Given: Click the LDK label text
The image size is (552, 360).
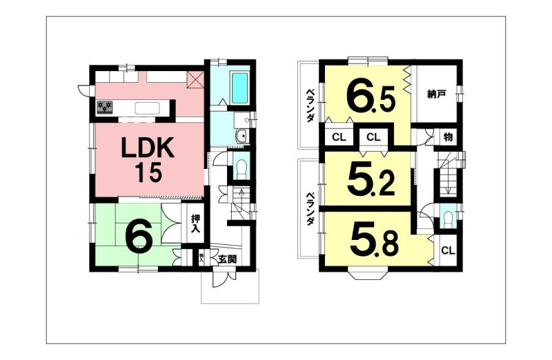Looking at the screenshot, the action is click(x=148, y=148).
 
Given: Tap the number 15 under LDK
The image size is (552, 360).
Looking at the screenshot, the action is click(x=149, y=172).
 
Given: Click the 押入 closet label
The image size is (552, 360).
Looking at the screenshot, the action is click(x=195, y=223).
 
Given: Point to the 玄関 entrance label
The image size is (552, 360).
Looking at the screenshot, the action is click(x=227, y=259).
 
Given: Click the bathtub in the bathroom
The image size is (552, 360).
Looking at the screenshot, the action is click(x=239, y=88).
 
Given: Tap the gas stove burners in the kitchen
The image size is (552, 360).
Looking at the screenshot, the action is click(x=105, y=108).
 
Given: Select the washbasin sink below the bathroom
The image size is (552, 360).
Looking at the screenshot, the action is click(x=242, y=136).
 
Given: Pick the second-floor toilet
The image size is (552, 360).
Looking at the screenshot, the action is click(x=448, y=219).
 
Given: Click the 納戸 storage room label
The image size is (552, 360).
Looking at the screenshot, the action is click(x=437, y=94).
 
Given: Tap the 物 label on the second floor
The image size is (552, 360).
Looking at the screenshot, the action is click(x=448, y=137).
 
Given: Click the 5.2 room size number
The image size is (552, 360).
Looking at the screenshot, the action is click(x=371, y=181).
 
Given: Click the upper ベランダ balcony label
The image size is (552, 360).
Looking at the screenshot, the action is click(x=310, y=106).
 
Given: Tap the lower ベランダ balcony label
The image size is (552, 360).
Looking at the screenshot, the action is click(x=310, y=208).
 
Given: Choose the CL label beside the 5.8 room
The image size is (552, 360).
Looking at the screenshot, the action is click(x=448, y=250).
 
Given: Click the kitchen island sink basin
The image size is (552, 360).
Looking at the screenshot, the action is click(x=147, y=108).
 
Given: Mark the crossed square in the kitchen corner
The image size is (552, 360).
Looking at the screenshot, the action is click(x=195, y=79).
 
